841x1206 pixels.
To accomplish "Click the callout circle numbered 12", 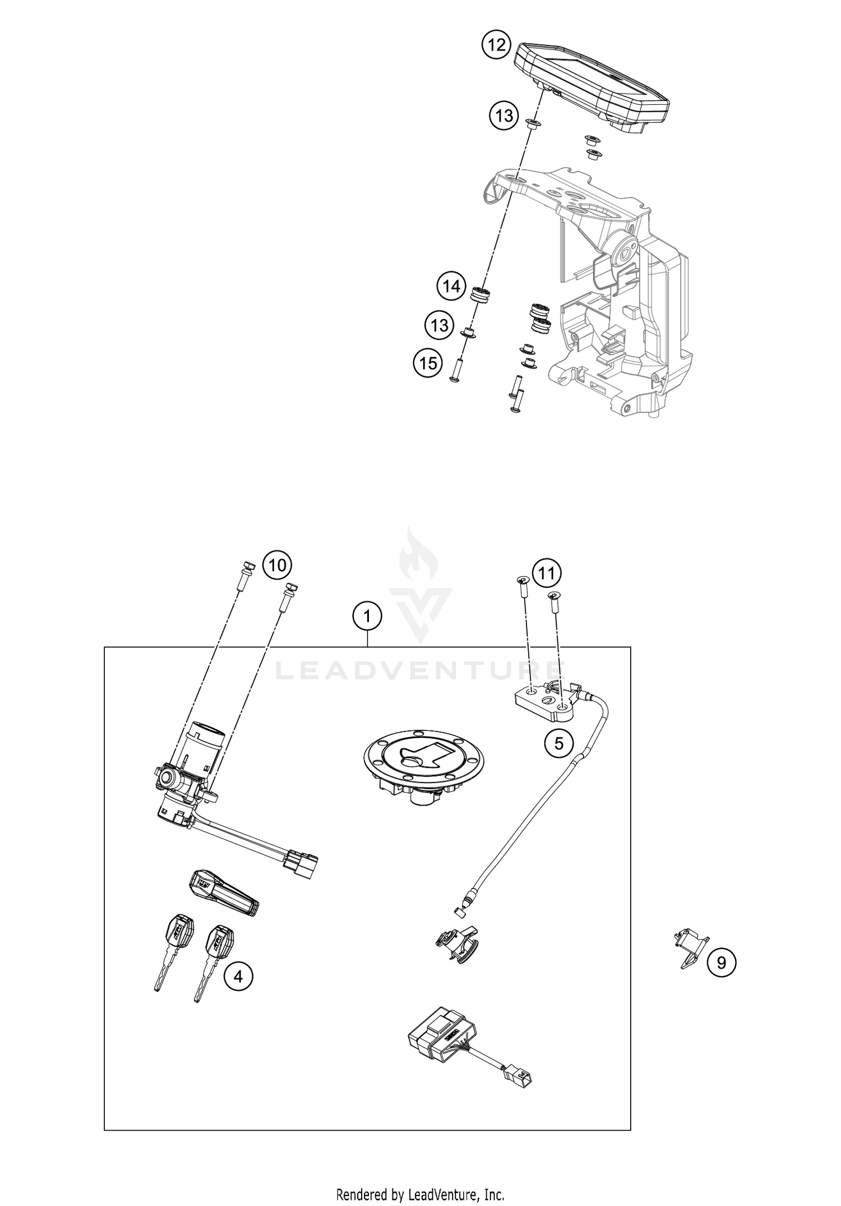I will (x=496, y=44).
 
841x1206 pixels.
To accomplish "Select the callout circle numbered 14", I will (x=452, y=287).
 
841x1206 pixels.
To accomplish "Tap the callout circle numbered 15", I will (x=428, y=363).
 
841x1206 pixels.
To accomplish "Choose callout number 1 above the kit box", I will (x=367, y=617).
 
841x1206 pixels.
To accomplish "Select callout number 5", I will (x=559, y=743).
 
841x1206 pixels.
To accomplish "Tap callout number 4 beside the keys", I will (x=238, y=977).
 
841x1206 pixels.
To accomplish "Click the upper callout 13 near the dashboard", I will (x=503, y=116).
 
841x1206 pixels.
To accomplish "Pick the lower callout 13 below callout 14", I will (x=440, y=325).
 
